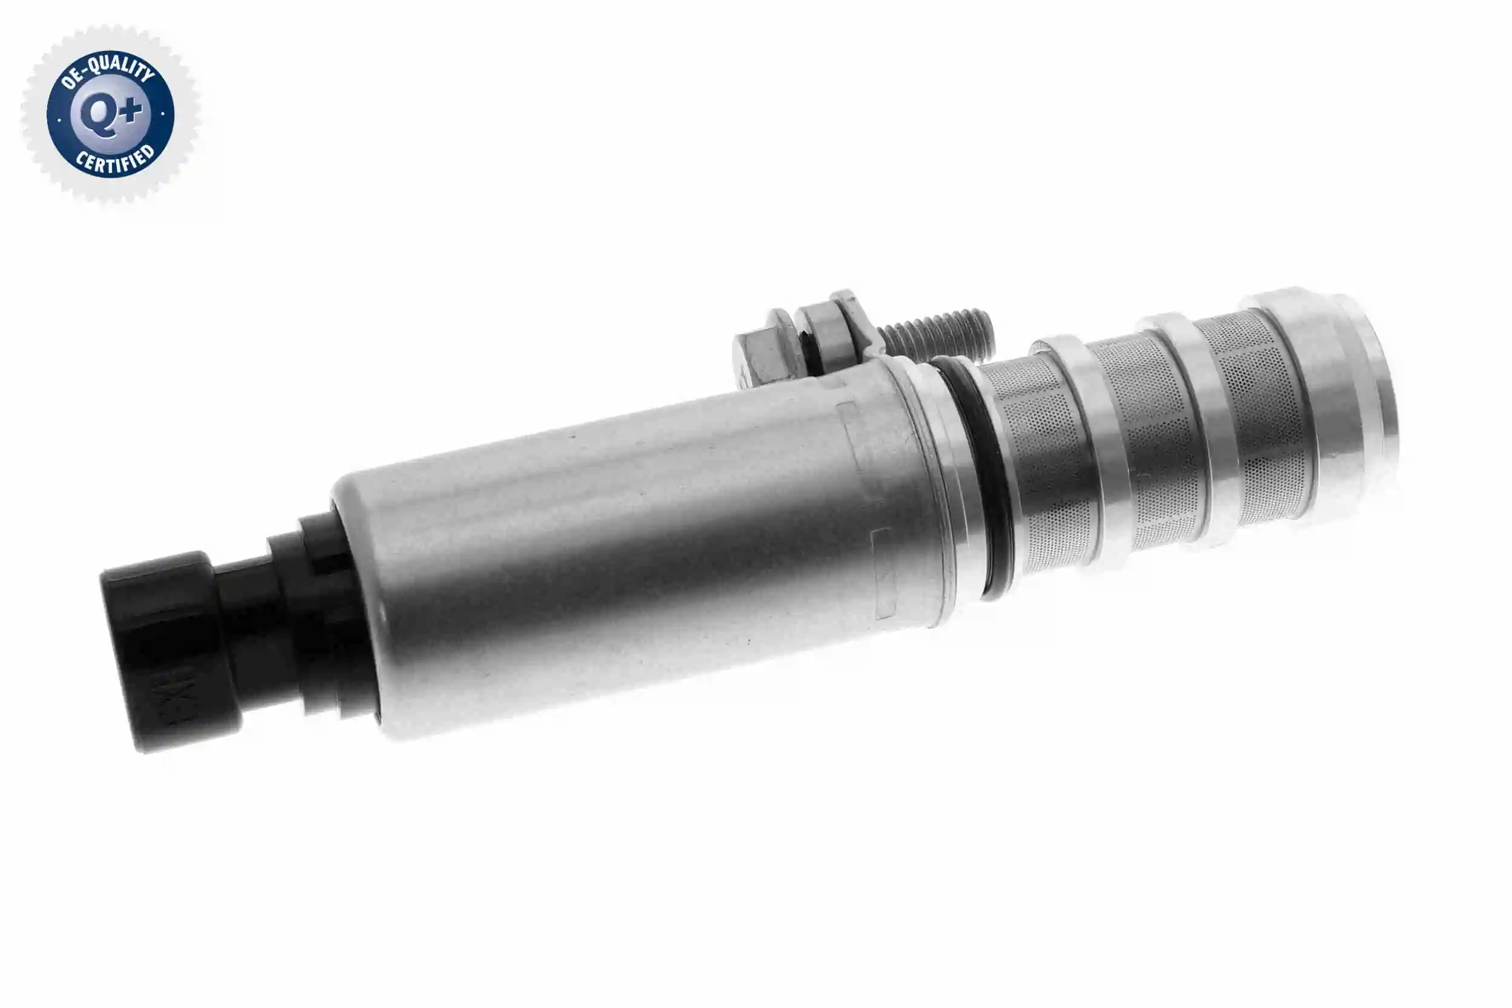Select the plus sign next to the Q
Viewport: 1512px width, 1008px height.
point(131,111)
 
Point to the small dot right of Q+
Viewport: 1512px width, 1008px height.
point(163,114)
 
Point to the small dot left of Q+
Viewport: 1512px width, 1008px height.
point(59,119)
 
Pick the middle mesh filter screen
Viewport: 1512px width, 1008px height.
point(1151,437)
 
